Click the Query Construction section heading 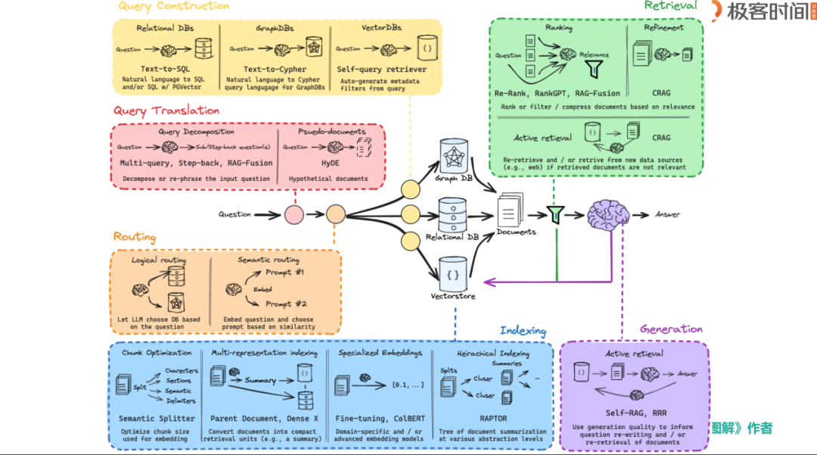[x=173, y=7]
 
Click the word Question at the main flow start [x=235, y=214]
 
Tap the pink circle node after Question [x=294, y=214]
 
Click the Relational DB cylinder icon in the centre [x=452, y=213]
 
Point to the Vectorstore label [x=452, y=296]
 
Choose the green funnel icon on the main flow [x=556, y=215]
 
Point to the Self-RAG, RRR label [x=634, y=412]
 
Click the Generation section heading [x=670, y=329]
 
